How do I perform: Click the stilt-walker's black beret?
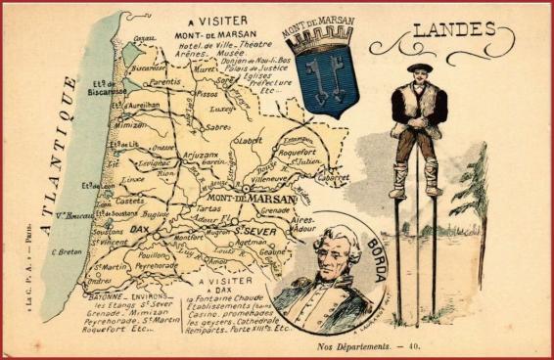[420, 67]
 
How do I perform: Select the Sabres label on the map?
[218, 127]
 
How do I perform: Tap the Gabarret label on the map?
[337, 179]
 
